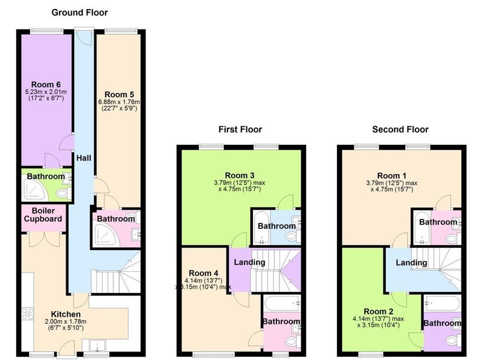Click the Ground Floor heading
click(80, 13)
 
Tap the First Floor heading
click(240, 129)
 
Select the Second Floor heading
click(400, 129)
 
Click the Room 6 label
click(46, 85)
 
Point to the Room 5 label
click(119, 94)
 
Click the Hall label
click(84, 158)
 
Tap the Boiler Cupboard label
click(43, 215)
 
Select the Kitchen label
click(66, 314)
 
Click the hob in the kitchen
click(27, 313)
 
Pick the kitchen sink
click(97, 346)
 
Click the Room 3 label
click(240, 175)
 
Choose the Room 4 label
click(203, 273)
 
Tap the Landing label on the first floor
click(249, 262)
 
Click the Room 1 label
click(392, 176)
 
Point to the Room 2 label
click(379, 311)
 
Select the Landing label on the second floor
click(412, 263)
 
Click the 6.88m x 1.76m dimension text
click(119, 102)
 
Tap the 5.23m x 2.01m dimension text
click(46, 92)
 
